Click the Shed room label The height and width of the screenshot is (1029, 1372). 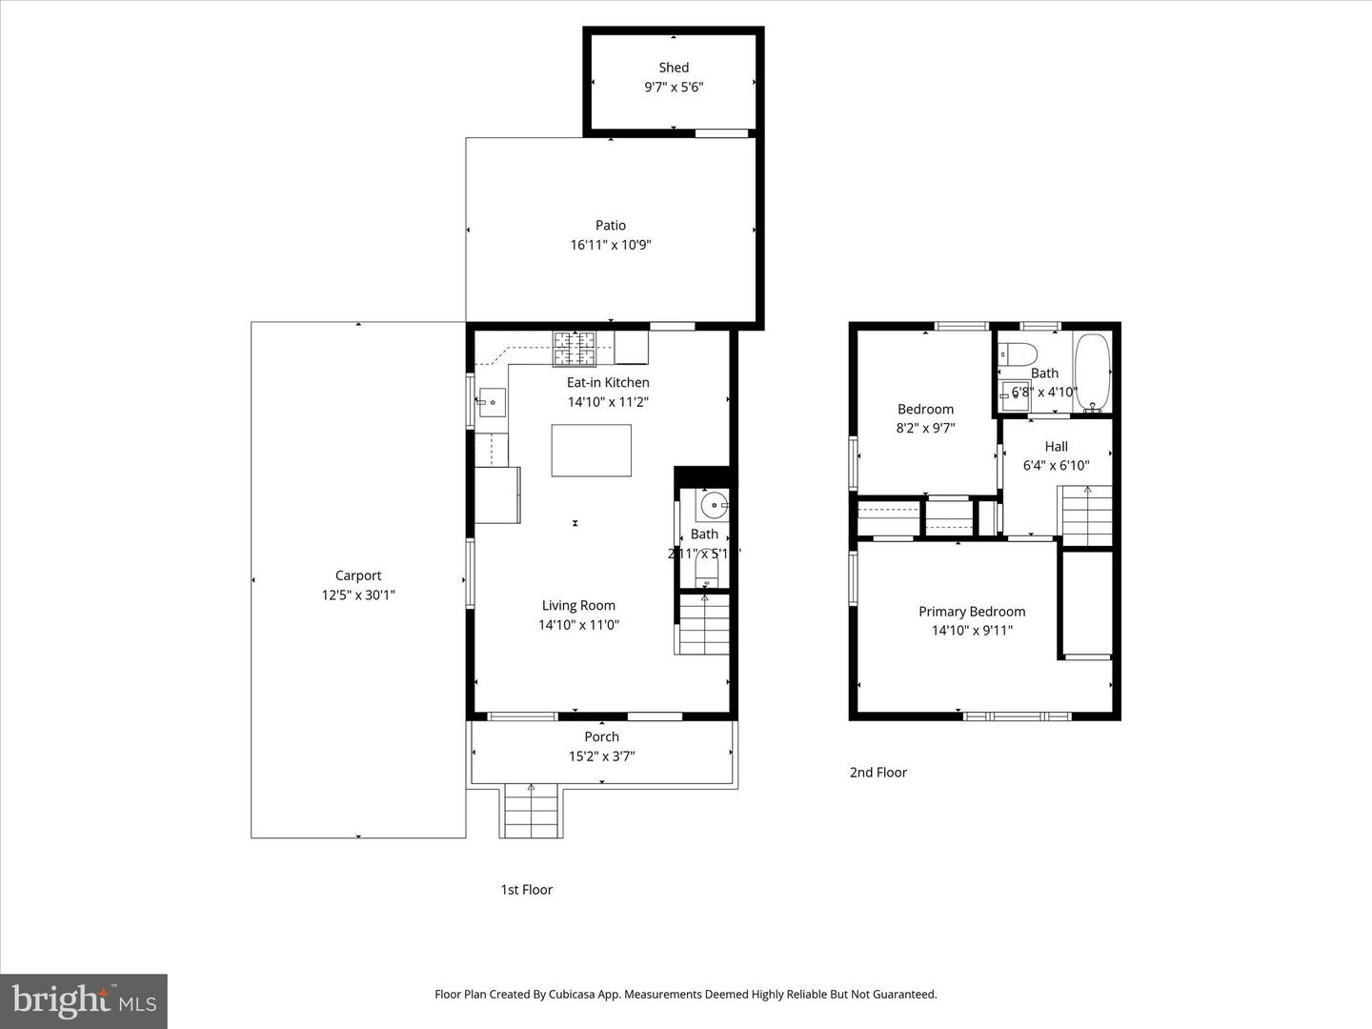[674, 68]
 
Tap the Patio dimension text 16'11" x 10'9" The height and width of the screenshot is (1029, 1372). [611, 245]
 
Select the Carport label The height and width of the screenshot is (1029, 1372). [358, 575]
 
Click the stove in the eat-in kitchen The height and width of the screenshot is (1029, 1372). [575, 348]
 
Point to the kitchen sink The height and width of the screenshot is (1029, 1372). [492, 403]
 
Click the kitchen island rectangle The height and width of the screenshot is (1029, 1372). [591, 451]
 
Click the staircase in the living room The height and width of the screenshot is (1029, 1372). [704, 624]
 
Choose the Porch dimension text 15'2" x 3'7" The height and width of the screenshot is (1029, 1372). [601, 757]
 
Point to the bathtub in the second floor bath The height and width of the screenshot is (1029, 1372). [1093, 373]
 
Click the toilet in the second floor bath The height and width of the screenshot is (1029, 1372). [1018, 354]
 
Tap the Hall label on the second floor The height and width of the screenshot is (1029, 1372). [1056, 447]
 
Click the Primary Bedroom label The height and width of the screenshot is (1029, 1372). [972, 612]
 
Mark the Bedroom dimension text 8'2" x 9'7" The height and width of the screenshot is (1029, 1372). [925, 429]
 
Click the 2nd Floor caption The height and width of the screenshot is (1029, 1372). [878, 773]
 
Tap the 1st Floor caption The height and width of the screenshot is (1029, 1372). [526, 890]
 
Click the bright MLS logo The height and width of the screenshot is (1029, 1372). [84, 1000]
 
